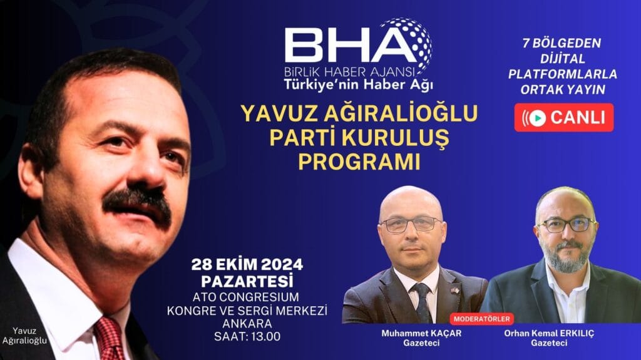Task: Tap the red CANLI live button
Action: coord(563,117)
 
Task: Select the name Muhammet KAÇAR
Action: coord(420,332)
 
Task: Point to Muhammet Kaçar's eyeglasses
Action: coord(411,224)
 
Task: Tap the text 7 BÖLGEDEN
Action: coord(562,44)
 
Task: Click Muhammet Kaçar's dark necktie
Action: coord(422,301)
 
